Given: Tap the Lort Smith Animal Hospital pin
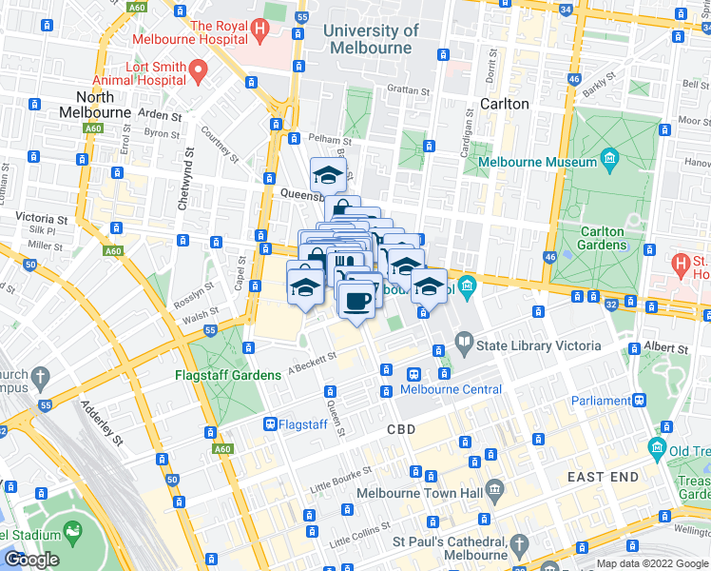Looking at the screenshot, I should (x=198, y=69).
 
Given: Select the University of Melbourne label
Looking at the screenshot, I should (x=371, y=39).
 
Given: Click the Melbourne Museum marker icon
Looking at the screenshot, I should (x=609, y=157).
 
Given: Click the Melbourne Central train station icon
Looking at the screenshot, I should (x=414, y=374).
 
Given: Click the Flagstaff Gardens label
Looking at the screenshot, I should (x=228, y=375).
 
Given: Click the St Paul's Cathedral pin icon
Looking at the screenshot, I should (x=518, y=543).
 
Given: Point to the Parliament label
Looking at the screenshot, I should (x=604, y=401).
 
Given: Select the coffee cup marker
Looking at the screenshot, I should (x=357, y=301).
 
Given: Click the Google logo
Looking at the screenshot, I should (x=31, y=560).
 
